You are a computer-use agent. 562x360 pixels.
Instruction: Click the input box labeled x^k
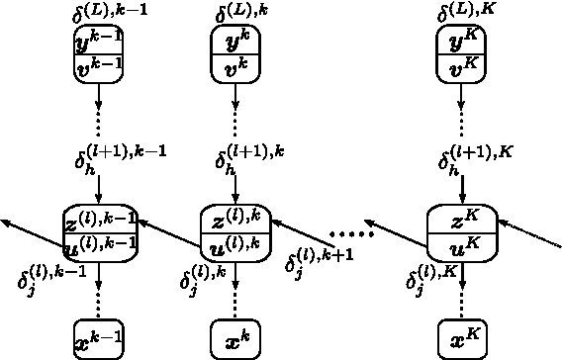coord(234,339)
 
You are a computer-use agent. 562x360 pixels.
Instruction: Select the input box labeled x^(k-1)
coord(99,339)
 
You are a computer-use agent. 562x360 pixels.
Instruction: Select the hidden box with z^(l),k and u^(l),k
coord(234,233)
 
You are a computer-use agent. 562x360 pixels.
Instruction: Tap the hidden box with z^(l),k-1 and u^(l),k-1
coord(99,233)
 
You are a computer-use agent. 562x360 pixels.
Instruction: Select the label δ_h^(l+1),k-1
coord(120,158)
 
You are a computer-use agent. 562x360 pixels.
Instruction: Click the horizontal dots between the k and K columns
coord(351,235)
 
